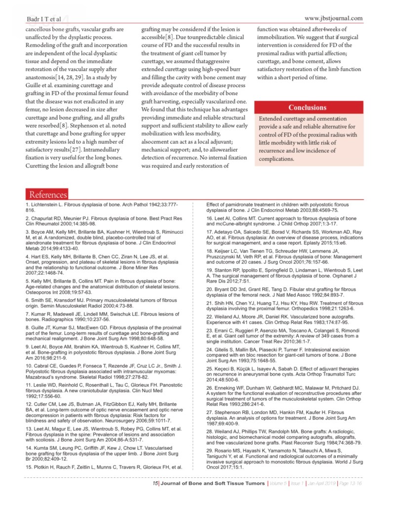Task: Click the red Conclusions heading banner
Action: (x=307, y=107)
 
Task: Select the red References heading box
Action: (x=48, y=195)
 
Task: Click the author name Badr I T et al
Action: (x=43, y=19)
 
